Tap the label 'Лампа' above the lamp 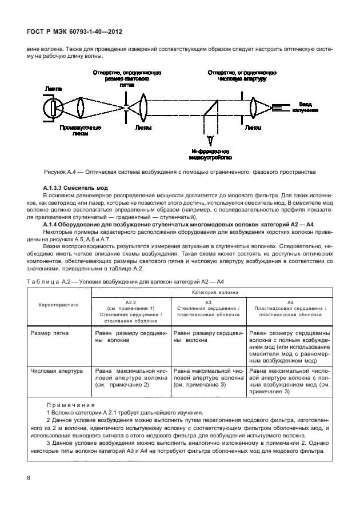pyautogui.click(x=54, y=89)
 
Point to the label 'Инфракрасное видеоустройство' pyautogui.click(x=211, y=153)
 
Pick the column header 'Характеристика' pyautogui.click(x=59, y=305)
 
